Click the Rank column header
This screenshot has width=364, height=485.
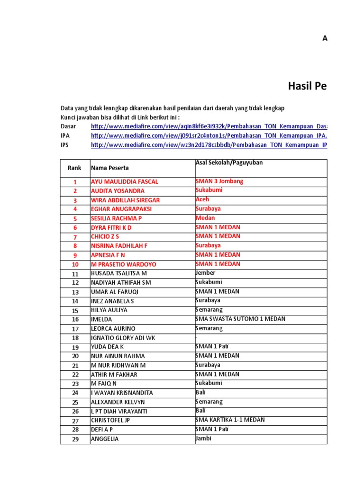pos(74,168)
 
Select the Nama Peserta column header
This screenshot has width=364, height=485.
pos(109,168)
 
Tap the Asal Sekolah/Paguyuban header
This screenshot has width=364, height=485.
pos(229,163)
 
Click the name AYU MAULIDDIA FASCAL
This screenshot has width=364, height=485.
pos(124,182)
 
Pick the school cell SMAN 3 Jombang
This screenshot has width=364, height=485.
pos(219,181)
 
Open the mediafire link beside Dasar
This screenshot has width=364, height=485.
pos(209,126)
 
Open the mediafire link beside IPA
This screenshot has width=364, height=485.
pos(209,136)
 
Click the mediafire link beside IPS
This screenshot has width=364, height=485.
pos(209,145)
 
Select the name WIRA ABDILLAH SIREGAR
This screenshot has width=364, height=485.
pos(125,200)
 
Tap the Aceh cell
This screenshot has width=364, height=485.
pos(202,199)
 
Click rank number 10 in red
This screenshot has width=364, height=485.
pos(75,264)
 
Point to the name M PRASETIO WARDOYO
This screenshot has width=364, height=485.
pos(123,264)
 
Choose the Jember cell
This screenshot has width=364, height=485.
pos(205,273)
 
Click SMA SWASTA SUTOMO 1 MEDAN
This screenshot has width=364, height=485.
pos(240,319)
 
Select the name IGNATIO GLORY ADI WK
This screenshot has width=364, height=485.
pos(123,338)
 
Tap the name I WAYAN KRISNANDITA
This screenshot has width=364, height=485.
pos(121,393)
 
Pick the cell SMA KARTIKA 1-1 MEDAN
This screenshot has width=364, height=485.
pos(230,420)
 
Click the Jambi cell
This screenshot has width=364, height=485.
pos(203,438)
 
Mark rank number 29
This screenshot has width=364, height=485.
pos(75,439)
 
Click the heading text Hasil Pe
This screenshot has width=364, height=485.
pos(307,86)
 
